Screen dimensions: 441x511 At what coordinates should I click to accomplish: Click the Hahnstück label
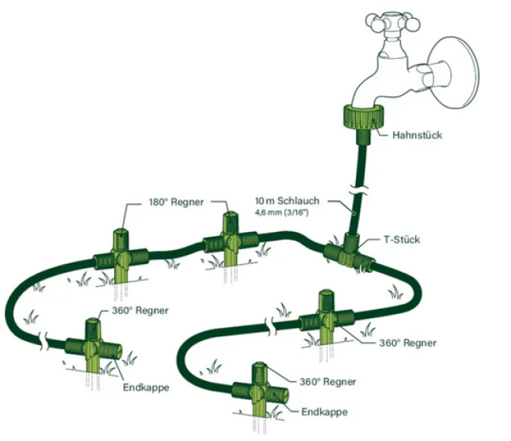[x=417, y=135]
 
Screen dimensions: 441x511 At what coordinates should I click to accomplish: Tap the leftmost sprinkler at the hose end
[x=93, y=346]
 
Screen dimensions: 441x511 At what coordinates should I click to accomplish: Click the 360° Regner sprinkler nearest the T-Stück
[x=328, y=318]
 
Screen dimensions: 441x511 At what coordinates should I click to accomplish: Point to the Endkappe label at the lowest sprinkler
[x=324, y=412]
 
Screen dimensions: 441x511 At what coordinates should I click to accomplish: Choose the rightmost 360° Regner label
[x=407, y=343]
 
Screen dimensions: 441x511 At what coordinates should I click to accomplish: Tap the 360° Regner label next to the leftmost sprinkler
[x=141, y=311]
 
